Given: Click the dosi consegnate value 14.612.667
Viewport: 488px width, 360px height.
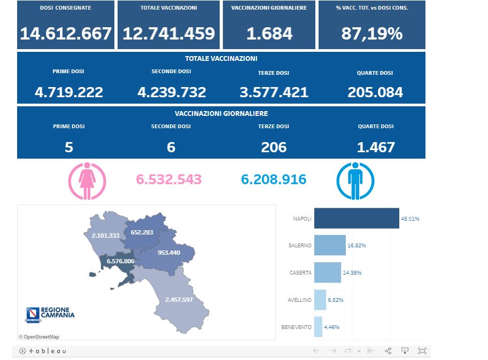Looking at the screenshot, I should coord(66,34).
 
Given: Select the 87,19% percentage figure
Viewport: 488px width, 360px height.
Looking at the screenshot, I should coord(371,34).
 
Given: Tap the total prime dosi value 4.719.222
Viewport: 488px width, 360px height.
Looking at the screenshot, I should coord(69,92).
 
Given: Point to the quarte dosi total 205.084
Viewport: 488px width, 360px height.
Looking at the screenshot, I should coord(375,92).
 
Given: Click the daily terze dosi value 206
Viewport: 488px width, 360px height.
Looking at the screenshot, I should coord(274,147).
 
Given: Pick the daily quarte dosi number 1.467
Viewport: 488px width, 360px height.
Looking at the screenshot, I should coord(375,147).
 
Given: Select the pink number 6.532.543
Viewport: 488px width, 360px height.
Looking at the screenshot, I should coord(169,179).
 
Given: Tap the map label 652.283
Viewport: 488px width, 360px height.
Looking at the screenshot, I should coord(142,232).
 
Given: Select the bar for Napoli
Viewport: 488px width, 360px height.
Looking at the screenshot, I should coord(357,218).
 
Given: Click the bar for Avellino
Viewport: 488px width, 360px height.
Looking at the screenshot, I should coord(320,300).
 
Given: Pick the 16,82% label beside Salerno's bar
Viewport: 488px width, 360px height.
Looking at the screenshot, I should coord(357,246).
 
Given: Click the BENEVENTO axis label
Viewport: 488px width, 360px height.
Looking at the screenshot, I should coord(296,327).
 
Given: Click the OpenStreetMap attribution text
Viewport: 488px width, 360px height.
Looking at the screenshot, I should coord(39,336).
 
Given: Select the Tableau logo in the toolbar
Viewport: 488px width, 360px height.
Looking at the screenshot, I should coord(43,351).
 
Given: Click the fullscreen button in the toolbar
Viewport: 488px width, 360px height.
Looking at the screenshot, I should coord(422,351).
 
